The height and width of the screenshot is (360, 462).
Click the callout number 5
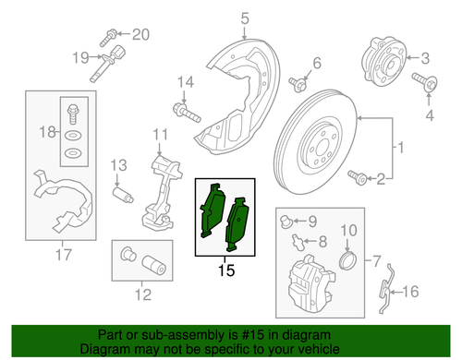pyautogui.click(x=219, y=18)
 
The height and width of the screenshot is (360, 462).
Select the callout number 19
pyautogui.click(x=80, y=58)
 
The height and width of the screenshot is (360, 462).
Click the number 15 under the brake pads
pyautogui.click(x=227, y=271)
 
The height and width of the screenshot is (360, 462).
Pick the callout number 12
pyautogui.click(x=140, y=296)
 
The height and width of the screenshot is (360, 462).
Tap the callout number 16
pyautogui.click(x=412, y=293)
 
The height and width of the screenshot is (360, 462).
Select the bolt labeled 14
pyautogui.click(x=185, y=115)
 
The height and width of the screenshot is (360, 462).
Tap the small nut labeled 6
pyautogui.click(x=298, y=85)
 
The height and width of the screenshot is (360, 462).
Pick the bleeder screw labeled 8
pyautogui.click(x=295, y=243)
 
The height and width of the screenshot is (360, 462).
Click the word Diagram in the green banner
pyautogui.click(x=106, y=350)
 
